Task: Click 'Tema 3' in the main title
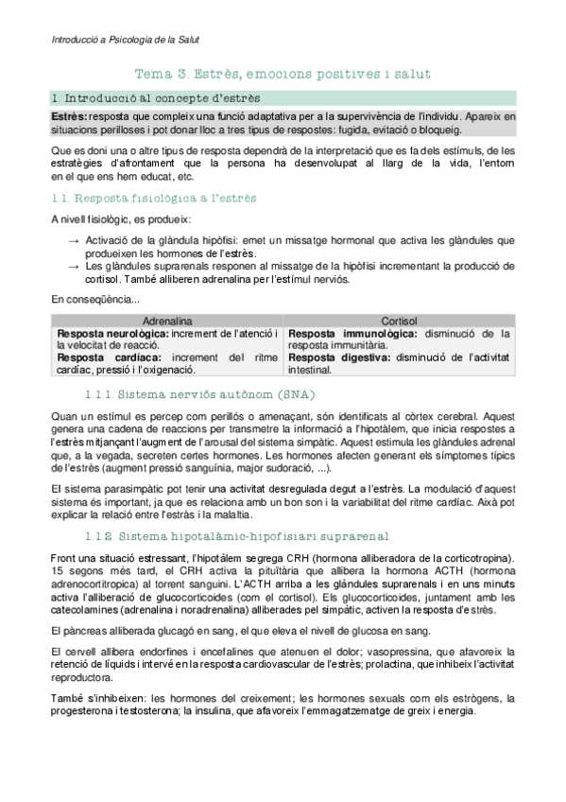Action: pyautogui.click(x=151, y=73)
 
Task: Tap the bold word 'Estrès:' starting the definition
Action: pyautogui.click(x=71, y=115)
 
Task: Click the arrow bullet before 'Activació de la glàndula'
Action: pyautogui.click(x=75, y=242)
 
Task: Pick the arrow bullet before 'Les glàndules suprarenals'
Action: pyautogui.click(x=75, y=268)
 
